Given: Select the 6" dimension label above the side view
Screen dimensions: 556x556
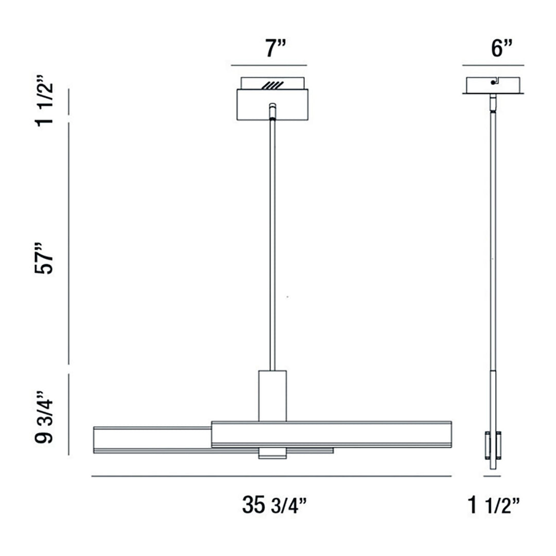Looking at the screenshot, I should pyautogui.click(x=493, y=49).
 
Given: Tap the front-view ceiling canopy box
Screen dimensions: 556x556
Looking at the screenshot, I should pyautogui.click(x=272, y=105).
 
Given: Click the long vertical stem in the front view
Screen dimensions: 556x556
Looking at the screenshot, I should pyautogui.click(x=272, y=242).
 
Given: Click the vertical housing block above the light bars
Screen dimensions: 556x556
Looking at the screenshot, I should pyautogui.click(x=272, y=395).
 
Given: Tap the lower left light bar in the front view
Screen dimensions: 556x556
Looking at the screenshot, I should pyautogui.click(x=152, y=439).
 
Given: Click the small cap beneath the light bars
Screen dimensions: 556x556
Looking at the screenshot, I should pyautogui.click(x=272, y=454).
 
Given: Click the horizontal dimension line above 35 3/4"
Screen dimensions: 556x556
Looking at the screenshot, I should pyautogui.click(x=271, y=476).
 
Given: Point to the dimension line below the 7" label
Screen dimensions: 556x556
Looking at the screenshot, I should pyautogui.click(x=269, y=65).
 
